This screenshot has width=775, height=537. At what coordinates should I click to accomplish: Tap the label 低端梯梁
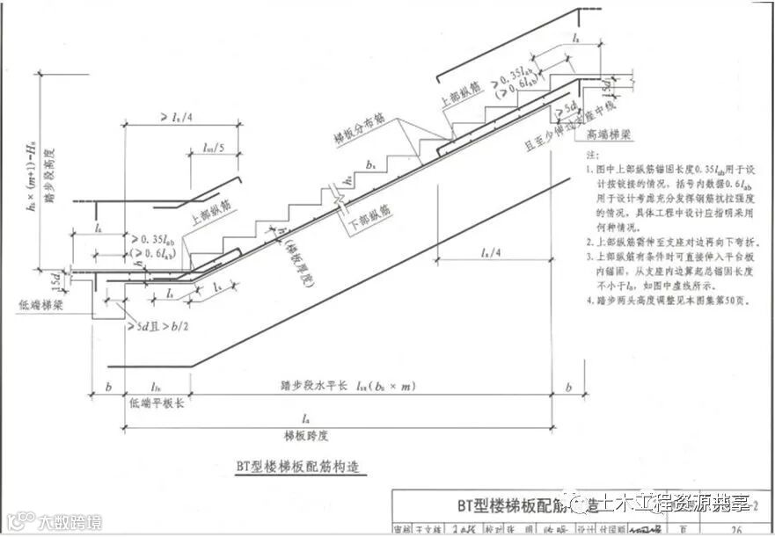pyautogui.click(x=40, y=303)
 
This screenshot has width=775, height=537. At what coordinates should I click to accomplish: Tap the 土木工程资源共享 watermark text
pyautogui.click(x=669, y=504)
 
